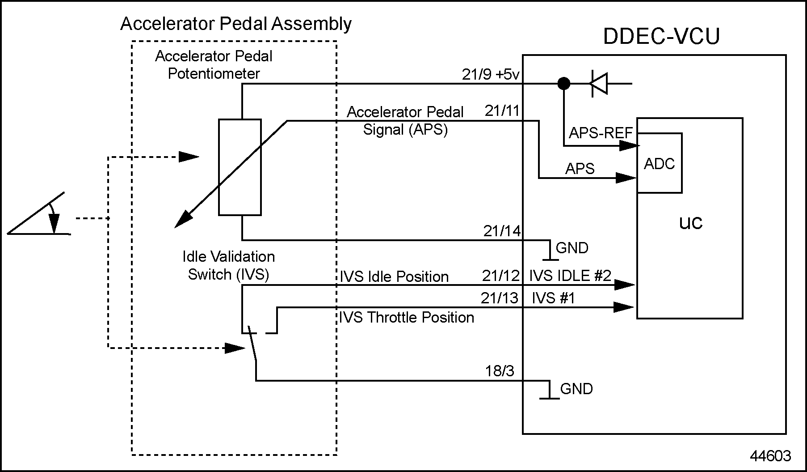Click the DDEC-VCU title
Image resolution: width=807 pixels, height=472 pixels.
pos(661,37)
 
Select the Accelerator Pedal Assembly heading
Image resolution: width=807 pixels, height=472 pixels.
pos(236,24)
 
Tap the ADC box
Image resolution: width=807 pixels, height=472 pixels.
pos(660,163)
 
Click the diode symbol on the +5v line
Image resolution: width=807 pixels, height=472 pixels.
pos(599,83)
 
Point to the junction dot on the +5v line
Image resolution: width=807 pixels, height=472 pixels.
pos(564,83)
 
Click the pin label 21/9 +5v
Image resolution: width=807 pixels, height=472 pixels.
pos(491,75)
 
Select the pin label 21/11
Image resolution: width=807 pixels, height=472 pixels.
pos(502,111)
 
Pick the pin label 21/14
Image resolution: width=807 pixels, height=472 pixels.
pos(502,231)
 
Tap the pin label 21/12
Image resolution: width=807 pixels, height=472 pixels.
pos(500,276)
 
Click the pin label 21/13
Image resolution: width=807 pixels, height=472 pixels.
pos(499,298)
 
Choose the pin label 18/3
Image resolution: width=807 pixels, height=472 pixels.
pos(500,371)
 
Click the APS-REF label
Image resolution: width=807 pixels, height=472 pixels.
pos(601,133)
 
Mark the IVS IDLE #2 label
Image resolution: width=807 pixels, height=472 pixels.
pos(570,276)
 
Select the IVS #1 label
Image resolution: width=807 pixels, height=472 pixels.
pos(553,298)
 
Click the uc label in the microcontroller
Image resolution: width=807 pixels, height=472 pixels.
pos(691,222)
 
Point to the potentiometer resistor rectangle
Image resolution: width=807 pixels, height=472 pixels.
pos(240,167)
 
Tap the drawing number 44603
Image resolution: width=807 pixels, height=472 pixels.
pos(770,456)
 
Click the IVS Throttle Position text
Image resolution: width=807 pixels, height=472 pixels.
pos(406,318)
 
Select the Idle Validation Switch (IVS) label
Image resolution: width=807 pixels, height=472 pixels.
pos(229,265)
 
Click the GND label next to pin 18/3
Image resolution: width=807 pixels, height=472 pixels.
pos(576,389)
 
